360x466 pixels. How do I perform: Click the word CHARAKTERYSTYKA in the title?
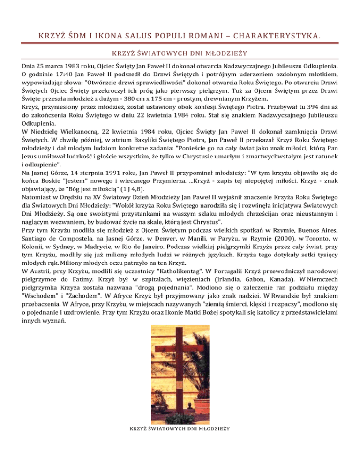point(296,35)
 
